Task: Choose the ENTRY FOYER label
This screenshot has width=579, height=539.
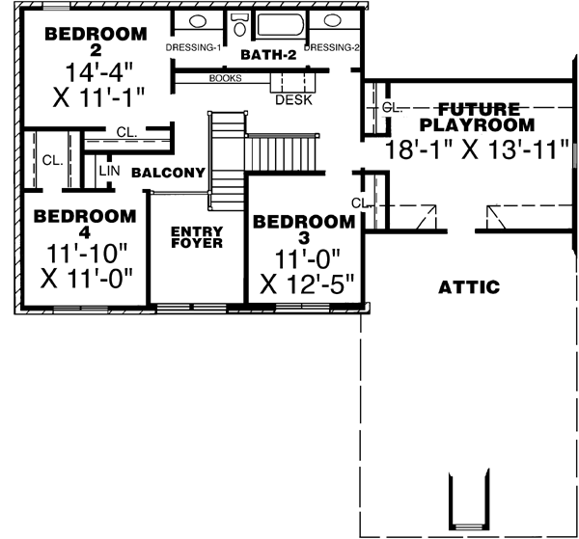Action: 197,237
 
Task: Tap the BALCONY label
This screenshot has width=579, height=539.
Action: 169,174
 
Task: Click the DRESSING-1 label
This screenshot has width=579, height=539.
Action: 194,47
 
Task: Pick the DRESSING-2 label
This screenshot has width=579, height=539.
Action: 332,47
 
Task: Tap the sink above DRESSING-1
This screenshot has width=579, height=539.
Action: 197,21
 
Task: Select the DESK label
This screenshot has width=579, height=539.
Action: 292,99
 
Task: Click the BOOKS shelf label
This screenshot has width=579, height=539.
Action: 225,79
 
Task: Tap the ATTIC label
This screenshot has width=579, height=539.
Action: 468,286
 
